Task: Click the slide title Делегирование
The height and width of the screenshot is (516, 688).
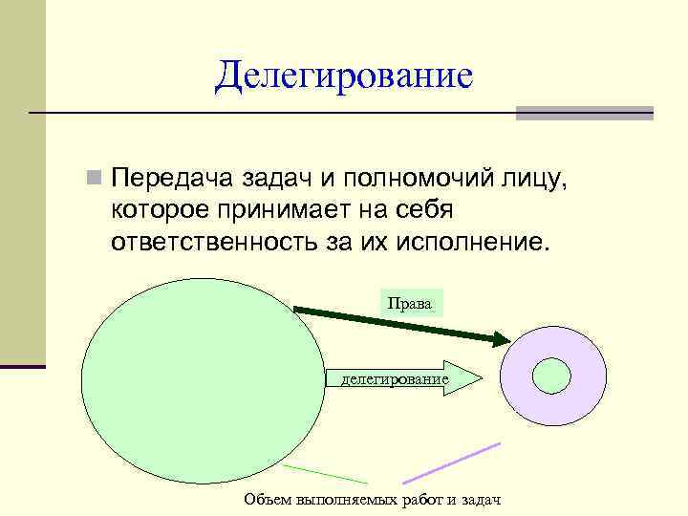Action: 344,75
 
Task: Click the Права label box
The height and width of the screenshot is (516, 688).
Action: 411,304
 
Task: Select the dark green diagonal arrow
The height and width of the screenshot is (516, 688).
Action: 401,324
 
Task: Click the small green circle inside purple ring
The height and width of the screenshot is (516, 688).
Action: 551,375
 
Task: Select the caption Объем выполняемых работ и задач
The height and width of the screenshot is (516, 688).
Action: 372,500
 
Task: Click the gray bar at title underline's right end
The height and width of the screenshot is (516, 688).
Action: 584,113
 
